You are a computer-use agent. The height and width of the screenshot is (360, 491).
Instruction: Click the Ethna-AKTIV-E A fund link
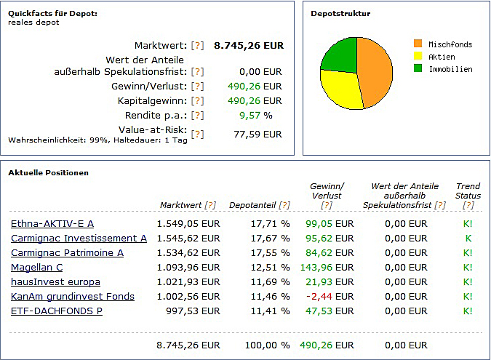(52, 224)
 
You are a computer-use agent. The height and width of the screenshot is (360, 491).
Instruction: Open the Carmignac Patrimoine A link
(67, 253)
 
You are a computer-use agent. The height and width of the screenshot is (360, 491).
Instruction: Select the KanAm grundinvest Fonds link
(73, 297)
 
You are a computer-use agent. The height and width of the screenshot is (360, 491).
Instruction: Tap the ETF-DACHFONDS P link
(57, 311)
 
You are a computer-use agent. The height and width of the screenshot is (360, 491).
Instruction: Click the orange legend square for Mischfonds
(418, 44)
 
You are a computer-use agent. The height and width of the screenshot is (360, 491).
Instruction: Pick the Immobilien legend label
(450, 69)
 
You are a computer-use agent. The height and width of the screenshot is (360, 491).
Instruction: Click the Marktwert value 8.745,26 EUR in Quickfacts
(248, 45)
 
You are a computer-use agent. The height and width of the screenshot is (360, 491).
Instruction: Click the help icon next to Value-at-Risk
(197, 134)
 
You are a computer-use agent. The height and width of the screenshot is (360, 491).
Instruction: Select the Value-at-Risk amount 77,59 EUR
(258, 134)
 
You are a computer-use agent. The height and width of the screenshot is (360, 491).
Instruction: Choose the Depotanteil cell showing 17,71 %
(270, 224)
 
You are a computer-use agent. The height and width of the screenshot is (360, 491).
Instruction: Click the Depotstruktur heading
(340, 14)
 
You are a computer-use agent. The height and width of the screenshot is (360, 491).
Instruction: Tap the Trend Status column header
(468, 191)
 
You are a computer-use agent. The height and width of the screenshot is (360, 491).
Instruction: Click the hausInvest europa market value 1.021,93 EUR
(188, 282)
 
